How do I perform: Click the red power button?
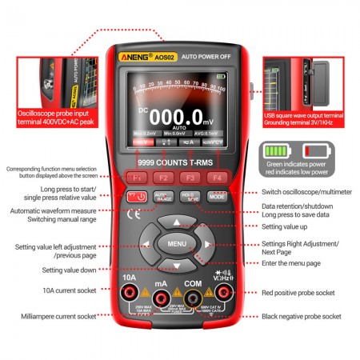tap(137, 196)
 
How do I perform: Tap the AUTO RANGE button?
tap(162, 196)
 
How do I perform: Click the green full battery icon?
tap(276, 150)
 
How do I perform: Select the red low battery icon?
tap(314, 150)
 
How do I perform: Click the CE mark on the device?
tap(134, 214)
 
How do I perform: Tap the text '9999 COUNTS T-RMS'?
tap(177, 162)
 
